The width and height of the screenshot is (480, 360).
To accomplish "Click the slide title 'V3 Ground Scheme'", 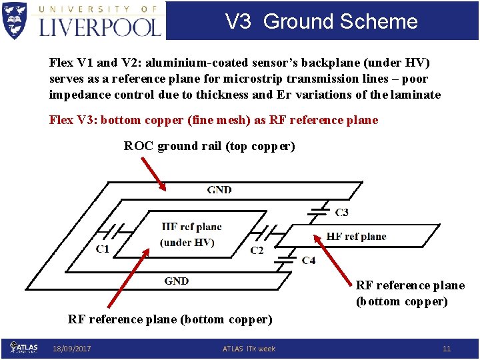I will click(x=321, y=21).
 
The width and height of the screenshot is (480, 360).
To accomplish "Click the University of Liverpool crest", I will click(x=15, y=20).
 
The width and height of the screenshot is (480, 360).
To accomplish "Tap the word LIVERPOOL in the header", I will click(x=100, y=27).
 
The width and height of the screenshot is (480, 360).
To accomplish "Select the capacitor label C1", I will click(x=103, y=249).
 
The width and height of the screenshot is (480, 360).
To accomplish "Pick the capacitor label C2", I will click(x=257, y=250).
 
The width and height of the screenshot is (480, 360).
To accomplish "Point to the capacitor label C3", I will click(x=341, y=212).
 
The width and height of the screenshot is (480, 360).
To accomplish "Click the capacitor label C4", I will click(x=309, y=260).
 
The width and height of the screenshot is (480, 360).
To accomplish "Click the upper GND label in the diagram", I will click(x=219, y=190).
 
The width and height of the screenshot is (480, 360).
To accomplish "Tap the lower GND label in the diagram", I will click(x=177, y=281).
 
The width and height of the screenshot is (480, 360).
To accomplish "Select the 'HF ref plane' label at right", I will click(x=356, y=237).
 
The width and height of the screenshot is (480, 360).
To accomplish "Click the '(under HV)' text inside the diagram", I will click(x=187, y=242).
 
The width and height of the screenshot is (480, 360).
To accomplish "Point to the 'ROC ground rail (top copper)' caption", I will click(x=209, y=146).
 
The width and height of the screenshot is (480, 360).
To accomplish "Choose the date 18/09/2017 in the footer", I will click(x=72, y=349).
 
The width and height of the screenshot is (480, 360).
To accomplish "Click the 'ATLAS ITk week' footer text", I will click(x=249, y=349).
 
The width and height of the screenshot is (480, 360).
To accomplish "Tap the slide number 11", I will click(x=447, y=349).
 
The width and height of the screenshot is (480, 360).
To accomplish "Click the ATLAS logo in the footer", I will click(x=24, y=347).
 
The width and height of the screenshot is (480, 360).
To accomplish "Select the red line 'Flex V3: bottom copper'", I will click(x=213, y=121).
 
